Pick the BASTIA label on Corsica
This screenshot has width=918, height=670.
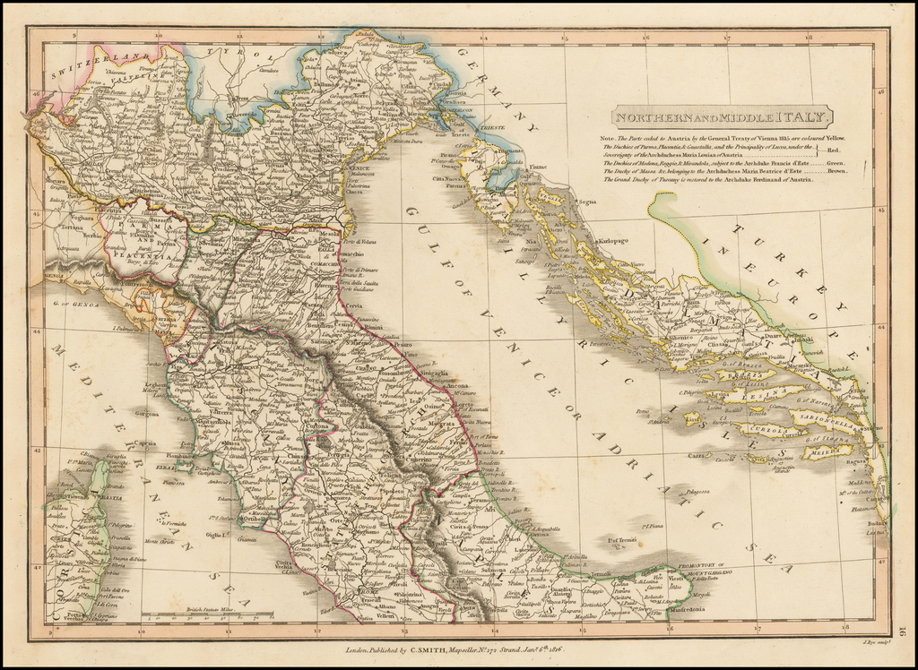click(113, 498)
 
